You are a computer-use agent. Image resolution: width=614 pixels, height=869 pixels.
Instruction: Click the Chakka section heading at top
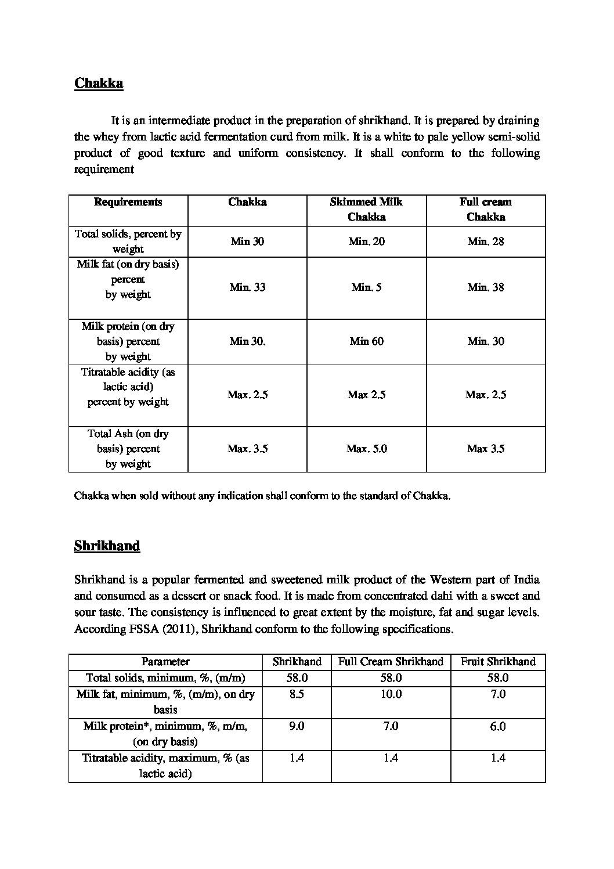(99, 84)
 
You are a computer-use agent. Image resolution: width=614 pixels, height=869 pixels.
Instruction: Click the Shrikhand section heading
(107, 546)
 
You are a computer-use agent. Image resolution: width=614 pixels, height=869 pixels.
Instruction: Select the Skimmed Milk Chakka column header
(366, 210)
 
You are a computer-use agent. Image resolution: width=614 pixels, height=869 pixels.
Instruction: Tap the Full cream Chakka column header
(486, 210)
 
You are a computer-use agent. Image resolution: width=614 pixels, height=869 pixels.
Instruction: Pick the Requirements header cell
(128, 203)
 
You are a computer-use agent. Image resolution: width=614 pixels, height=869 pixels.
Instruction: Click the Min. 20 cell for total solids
(366, 241)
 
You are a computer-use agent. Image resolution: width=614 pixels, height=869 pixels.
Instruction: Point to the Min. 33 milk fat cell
(247, 287)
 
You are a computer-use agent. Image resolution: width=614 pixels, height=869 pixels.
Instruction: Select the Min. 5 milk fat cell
(366, 287)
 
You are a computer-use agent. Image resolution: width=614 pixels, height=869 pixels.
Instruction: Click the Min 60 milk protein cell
(366, 341)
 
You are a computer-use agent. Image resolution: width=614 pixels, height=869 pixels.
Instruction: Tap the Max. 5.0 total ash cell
(366, 449)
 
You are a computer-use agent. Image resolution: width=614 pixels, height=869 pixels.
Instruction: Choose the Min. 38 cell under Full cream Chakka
(486, 287)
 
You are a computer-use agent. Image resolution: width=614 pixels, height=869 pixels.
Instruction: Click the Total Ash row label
(128, 449)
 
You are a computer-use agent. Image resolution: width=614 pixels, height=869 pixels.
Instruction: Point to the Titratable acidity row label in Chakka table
(128, 387)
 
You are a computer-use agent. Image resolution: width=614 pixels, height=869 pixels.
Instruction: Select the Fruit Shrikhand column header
(498, 662)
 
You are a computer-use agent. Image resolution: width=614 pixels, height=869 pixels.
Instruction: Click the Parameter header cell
(165, 662)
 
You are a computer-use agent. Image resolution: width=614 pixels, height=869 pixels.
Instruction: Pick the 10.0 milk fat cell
(391, 694)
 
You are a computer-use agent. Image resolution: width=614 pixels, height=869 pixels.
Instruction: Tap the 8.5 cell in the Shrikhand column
(297, 694)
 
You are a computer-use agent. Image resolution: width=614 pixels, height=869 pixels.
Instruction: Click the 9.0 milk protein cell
(297, 727)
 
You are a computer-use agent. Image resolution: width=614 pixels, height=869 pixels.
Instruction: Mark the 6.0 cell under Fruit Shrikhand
(498, 727)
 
